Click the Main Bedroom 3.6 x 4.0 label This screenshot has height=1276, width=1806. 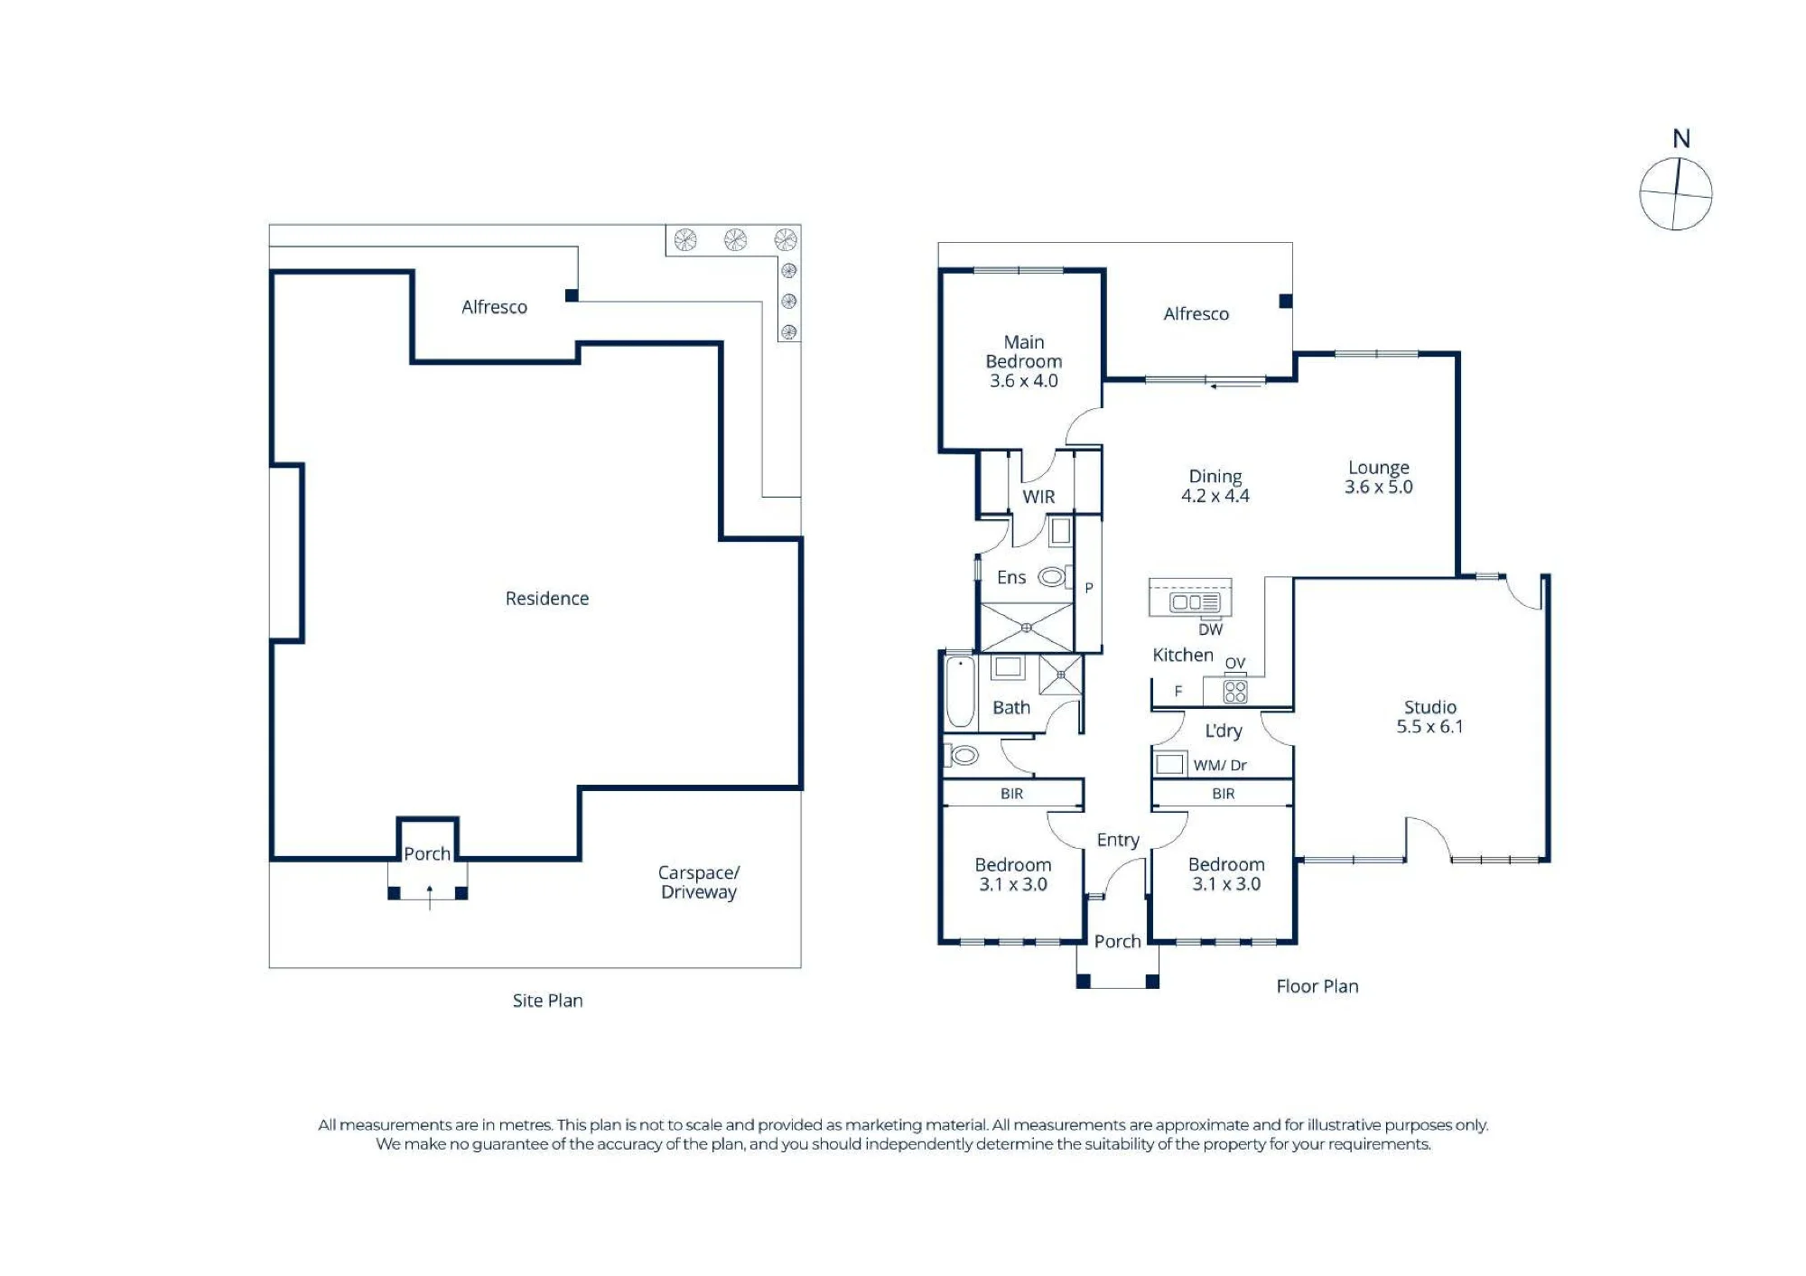click(x=1024, y=361)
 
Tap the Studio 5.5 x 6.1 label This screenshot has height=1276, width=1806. click(x=1429, y=717)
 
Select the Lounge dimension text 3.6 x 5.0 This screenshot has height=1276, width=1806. click(x=1378, y=487)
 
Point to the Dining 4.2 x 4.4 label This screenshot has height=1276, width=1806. click(x=1215, y=486)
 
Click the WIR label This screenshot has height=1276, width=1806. click(x=1038, y=497)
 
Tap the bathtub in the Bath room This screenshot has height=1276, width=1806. click(x=960, y=692)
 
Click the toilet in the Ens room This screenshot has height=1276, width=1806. click(x=1054, y=576)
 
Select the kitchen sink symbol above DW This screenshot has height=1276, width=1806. click(x=1195, y=601)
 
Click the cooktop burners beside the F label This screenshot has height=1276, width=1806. click(x=1234, y=692)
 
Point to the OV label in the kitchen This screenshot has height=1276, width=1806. click(x=1234, y=663)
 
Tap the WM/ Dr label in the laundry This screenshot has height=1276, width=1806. click(x=1219, y=765)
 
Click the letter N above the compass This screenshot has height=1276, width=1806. click(x=1680, y=138)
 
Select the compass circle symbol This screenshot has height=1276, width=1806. click(x=1676, y=194)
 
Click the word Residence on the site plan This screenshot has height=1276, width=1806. click(x=546, y=598)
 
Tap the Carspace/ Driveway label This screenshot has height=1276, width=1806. click(x=698, y=882)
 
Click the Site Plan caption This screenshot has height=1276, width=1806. click(x=547, y=1001)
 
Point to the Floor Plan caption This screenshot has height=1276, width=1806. click(x=1317, y=986)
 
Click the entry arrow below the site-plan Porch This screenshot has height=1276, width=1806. click(x=430, y=898)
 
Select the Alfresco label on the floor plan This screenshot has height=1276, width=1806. click(x=1196, y=313)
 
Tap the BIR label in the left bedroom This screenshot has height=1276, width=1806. click(x=1011, y=793)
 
